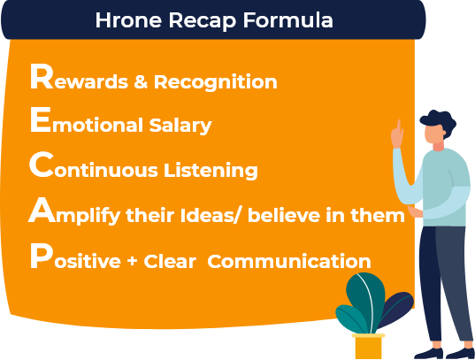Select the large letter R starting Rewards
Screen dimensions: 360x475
41,79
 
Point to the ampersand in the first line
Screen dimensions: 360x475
141,82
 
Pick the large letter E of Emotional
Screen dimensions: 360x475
40,121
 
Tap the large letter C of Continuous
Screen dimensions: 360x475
41,165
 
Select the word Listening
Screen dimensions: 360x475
216,170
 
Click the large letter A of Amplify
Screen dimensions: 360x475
42,210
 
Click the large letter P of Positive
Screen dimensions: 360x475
39,257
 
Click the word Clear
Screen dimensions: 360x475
167,262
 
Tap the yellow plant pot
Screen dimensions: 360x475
369,347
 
